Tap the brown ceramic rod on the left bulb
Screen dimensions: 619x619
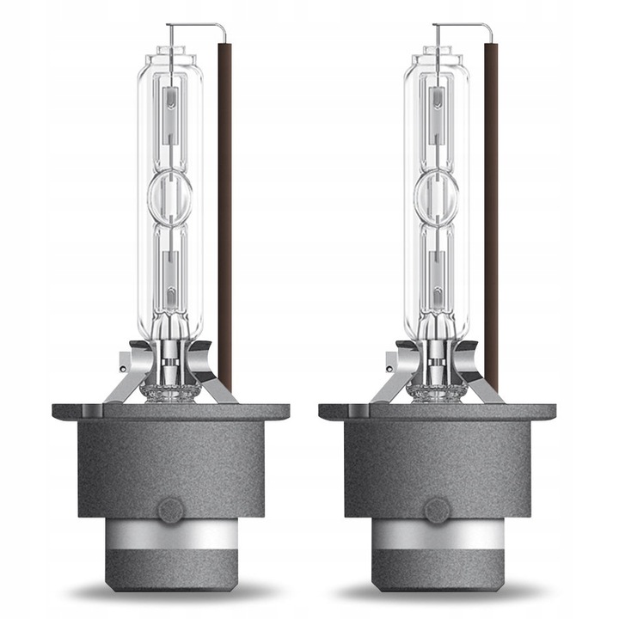coord(226,215)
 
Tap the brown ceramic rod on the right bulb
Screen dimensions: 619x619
coord(491,215)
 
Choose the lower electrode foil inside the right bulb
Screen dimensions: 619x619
coord(438,271)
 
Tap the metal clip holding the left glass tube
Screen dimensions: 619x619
coord(129,370)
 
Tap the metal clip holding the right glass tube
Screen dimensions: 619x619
coord(395,370)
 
